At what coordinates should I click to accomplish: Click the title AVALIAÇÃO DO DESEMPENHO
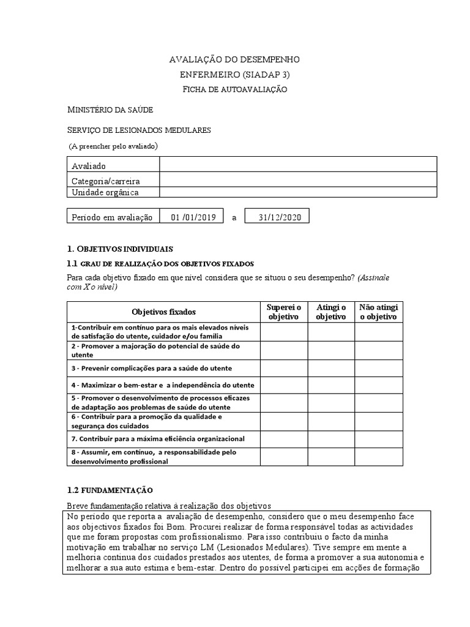click(x=234, y=59)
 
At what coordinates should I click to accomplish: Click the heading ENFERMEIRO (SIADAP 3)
click(x=234, y=74)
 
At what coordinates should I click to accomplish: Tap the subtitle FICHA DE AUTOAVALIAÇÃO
click(x=234, y=89)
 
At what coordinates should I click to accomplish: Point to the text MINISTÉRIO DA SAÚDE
click(x=110, y=110)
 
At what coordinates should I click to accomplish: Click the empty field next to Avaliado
click(x=298, y=164)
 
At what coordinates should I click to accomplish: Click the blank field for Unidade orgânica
click(x=298, y=192)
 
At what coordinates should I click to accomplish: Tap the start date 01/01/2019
click(x=193, y=217)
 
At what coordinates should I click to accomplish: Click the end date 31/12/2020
click(x=277, y=217)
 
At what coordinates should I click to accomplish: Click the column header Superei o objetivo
click(x=284, y=312)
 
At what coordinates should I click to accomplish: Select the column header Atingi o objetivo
click(x=331, y=312)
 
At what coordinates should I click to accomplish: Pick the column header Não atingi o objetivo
click(x=378, y=312)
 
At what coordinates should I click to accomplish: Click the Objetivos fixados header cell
click(x=164, y=312)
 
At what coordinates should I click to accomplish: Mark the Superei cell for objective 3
click(x=284, y=368)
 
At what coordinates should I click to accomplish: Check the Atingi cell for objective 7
click(x=331, y=438)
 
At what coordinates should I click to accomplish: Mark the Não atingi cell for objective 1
click(x=378, y=331)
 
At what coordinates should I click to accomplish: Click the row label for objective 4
click(x=163, y=385)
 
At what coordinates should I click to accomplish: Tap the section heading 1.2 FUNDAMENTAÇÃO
click(x=110, y=490)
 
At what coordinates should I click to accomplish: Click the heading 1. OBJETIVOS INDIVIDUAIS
click(x=120, y=249)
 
